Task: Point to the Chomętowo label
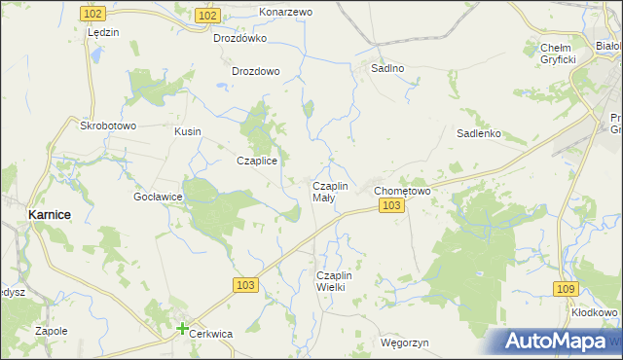(402, 191)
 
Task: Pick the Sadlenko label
(478, 134)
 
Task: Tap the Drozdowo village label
(256, 71)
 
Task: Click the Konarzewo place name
(285, 12)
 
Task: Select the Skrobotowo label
(108, 126)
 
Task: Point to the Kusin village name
(187, 130)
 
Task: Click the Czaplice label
(258, 162)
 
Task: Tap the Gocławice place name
(159, 196)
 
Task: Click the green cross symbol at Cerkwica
(182, 329)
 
